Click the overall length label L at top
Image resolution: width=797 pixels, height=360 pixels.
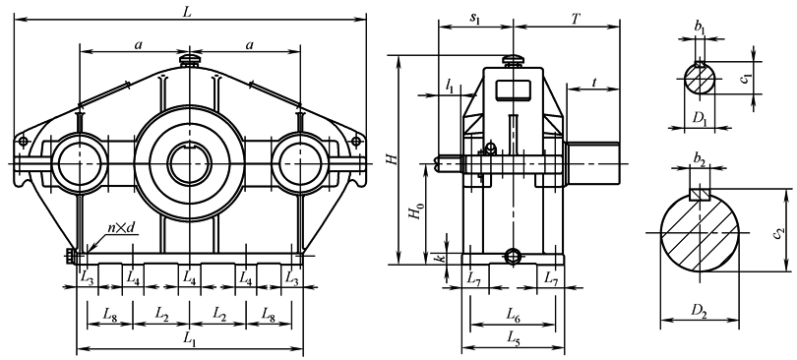[187, 12]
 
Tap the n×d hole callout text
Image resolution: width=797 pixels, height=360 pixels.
[121, 228]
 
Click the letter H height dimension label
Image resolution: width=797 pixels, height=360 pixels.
[391, 159]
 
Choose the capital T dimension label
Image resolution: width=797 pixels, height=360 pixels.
[575, 19]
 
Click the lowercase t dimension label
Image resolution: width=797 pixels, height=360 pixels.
[593, 83]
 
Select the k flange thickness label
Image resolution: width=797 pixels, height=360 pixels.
[442, 258]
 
